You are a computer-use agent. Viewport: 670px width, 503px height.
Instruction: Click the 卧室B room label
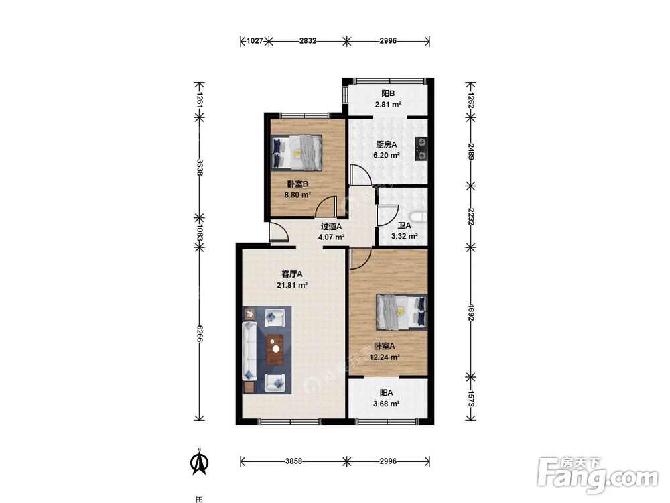tap(297, 184)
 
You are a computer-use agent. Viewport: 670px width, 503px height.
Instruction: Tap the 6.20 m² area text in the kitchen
tap(387, 156)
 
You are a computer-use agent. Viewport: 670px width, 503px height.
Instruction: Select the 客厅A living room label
tap(292, 274)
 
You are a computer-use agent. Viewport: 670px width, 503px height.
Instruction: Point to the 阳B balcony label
tap(388, 93)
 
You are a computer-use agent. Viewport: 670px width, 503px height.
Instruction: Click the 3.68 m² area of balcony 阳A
tap(387, 403)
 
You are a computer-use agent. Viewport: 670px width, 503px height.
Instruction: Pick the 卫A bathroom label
tap(404, 225)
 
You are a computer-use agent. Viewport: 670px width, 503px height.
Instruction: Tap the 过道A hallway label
tap(331, 226)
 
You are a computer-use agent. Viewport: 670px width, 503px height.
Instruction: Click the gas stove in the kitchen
tap(421, 149)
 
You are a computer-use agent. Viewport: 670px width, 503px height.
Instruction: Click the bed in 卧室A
tap(401, 313)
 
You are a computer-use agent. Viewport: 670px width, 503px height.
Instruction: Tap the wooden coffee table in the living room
tap(275, 349)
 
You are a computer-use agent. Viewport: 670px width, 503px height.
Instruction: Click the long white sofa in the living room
tap(249, 351)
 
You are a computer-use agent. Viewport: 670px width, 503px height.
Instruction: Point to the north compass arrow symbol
tap(199, 462)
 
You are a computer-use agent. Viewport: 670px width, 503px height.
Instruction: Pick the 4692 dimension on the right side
tap(471, 313)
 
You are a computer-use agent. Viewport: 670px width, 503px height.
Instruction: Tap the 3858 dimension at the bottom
tap(293, 461)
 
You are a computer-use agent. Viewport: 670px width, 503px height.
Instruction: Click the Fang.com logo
tap(598, 475)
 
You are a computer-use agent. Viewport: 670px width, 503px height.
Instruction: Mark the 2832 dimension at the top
tap(308, 41)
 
